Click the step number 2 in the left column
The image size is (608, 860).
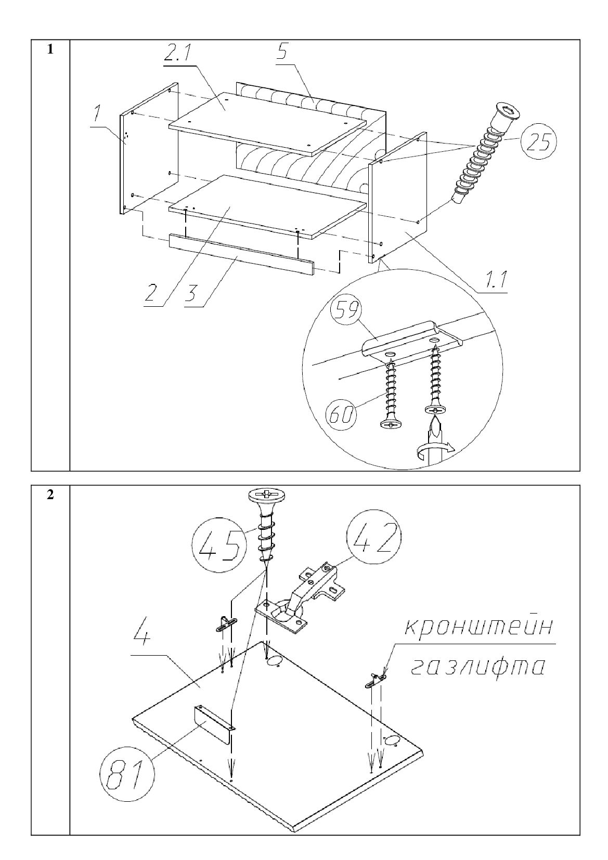point(50,494)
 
